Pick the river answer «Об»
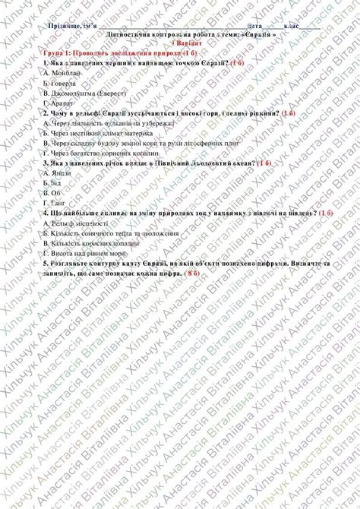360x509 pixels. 60,193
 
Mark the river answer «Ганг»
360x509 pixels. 61,203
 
